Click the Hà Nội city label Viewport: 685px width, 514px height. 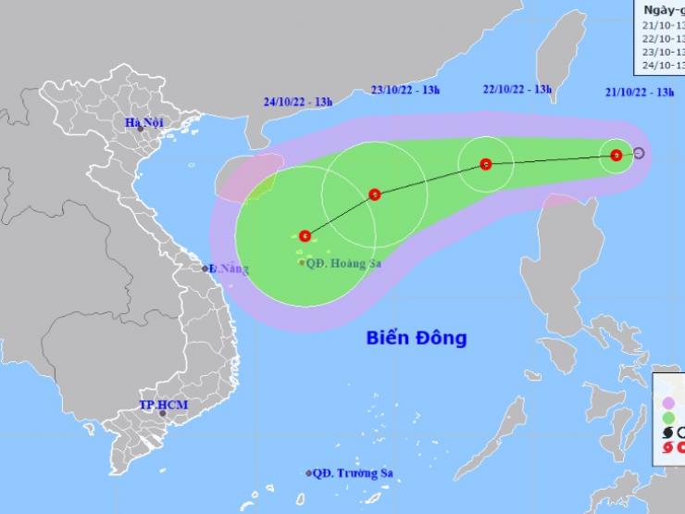(144, 122)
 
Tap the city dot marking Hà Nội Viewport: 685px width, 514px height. (141, 129)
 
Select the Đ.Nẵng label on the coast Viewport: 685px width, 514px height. (227, 269)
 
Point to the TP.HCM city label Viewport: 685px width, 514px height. (159, 406)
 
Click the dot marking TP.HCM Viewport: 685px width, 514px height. (163, 414)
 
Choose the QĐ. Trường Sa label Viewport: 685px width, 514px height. (353, 473)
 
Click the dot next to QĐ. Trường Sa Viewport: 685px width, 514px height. (309, 473)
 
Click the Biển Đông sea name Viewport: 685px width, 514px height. (415, 338)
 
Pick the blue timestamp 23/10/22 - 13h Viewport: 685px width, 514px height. (405, 90)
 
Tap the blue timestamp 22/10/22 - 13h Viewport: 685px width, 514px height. (517, 90)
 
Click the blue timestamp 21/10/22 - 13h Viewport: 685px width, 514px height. (639, 92)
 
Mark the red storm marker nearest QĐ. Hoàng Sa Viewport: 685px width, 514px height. (305, 236)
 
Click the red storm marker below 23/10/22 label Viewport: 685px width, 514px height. (374, 194)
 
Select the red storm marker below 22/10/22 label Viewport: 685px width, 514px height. (486, 165)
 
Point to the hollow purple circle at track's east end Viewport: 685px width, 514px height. (638, 153)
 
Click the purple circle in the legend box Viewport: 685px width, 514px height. (668, 402)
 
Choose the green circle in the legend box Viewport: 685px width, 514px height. (668, 418)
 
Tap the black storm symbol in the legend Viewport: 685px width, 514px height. (668, 433)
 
